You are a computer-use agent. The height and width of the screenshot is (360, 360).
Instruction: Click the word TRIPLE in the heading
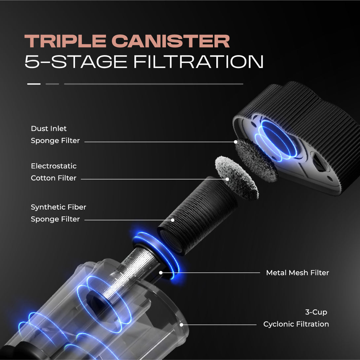pos(65,41)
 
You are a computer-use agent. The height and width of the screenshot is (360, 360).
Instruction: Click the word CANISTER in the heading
pos(170,41)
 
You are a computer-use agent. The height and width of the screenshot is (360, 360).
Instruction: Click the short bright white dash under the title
pos(34,84)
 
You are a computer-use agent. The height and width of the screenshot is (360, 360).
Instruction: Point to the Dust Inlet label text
pos(49,128)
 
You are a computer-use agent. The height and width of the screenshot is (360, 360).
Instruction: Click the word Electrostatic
pos(54,166)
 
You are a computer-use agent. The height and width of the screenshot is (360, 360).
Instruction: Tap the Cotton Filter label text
pos(54,178)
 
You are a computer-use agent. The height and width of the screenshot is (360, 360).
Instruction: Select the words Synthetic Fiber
pos(58,207)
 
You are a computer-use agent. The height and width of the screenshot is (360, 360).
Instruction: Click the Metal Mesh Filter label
pos(298,273)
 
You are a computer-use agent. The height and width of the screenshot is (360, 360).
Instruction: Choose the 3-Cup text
pos(316,312)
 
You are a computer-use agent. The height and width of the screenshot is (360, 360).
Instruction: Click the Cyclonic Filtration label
pos(296,324)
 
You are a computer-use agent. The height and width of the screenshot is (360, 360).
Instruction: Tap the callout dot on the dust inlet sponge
pos(235,142)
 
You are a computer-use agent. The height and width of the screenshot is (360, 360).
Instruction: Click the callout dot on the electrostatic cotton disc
pos(227,179)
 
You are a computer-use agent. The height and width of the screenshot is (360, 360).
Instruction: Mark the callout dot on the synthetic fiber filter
pos(172,220)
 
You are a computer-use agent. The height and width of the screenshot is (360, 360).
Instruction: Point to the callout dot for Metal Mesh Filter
pos(161,273)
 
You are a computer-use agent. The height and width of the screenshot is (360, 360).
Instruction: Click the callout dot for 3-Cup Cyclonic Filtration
pos(182,325)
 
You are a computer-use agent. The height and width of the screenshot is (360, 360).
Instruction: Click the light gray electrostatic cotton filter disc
pos(236,177)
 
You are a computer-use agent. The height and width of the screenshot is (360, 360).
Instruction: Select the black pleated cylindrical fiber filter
pos(198,216)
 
